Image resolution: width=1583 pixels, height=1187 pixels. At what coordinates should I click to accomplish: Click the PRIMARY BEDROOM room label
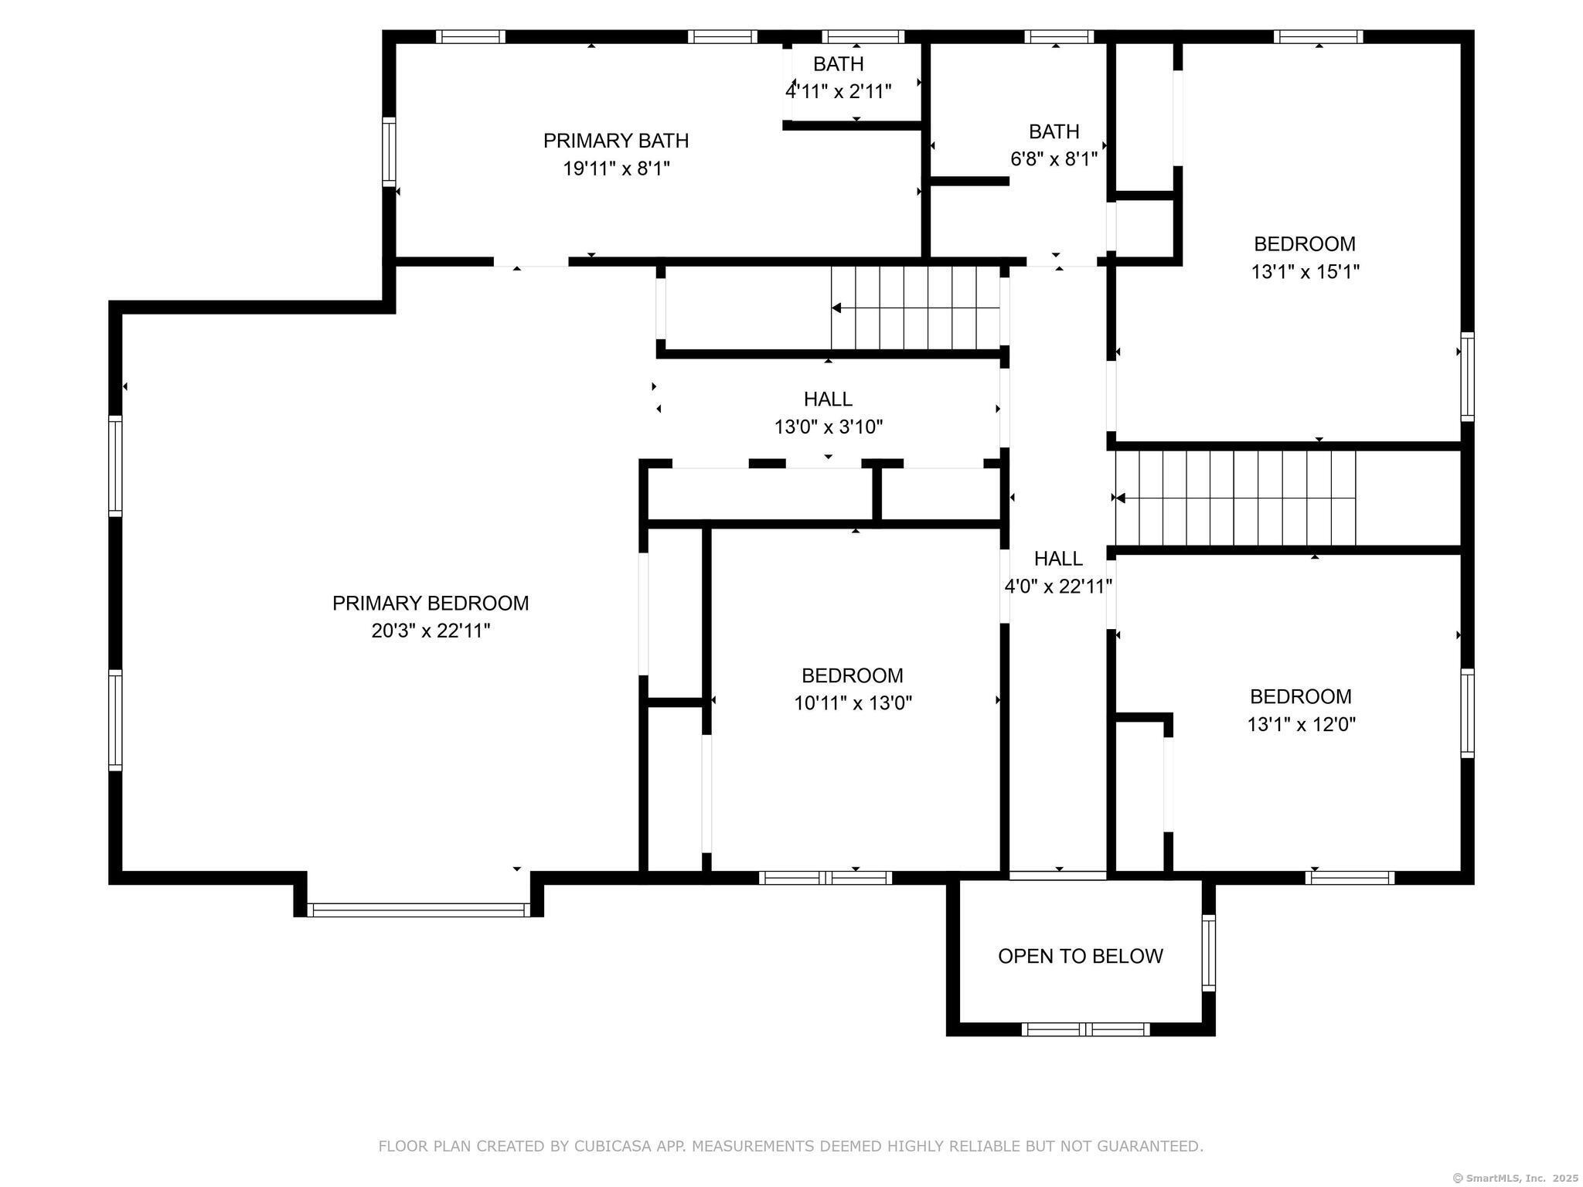(431, 604)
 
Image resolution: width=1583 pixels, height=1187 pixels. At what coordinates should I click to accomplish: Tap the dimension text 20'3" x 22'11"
(431, 631)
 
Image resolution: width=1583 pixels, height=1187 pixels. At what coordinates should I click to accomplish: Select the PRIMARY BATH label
(616, 141)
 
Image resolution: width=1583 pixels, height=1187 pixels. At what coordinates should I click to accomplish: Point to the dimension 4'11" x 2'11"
(839, 92)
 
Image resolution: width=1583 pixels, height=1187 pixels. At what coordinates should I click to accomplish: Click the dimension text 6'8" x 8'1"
(1054, 159)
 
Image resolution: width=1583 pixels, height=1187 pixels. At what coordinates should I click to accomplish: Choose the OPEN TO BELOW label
(1080, 957)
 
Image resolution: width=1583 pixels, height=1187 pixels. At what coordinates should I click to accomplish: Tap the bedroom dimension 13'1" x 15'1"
(1305, 272)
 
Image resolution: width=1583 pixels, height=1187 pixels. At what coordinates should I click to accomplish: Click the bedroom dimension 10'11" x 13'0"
(853, 703)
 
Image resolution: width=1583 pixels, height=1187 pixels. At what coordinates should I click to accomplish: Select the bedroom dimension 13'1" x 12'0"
(1301, 725)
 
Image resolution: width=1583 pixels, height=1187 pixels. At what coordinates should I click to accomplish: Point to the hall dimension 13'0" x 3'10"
(828, 427)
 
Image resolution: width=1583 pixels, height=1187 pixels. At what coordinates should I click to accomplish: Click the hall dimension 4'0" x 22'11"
(1058, 587)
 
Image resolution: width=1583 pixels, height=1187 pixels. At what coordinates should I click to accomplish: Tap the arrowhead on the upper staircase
(836, 308)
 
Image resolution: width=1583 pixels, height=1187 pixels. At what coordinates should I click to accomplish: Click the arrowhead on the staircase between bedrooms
(1120, 498)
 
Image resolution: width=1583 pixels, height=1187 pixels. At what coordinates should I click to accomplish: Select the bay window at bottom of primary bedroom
(418, 910)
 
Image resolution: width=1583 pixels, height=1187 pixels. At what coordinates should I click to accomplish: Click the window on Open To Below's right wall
(1208, 952)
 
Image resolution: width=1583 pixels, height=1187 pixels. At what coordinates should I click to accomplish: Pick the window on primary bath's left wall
(389, 151)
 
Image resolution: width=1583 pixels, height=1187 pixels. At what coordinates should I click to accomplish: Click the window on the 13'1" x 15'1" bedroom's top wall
(1318, 36)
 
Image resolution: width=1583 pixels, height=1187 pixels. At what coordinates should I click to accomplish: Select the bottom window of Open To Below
(1085, 1029)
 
